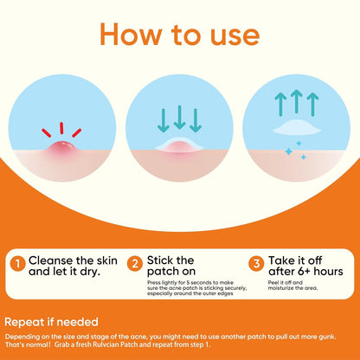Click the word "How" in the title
pos(131,34)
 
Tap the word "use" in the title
pos(235,36)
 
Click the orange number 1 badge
pos(18,264)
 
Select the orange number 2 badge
pos(135,264)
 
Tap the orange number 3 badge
pos(256,264)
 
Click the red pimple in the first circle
pos(62,149)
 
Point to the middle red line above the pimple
pos(61,128)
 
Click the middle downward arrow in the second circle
pos(179,117)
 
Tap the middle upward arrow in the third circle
pos(297,101)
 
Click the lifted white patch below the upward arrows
pos(297,128)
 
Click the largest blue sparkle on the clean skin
pos(288,151)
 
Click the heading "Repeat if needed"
pos(51,322)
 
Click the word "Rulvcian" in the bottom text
pos(106,344)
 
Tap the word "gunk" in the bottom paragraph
pos(327,337)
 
